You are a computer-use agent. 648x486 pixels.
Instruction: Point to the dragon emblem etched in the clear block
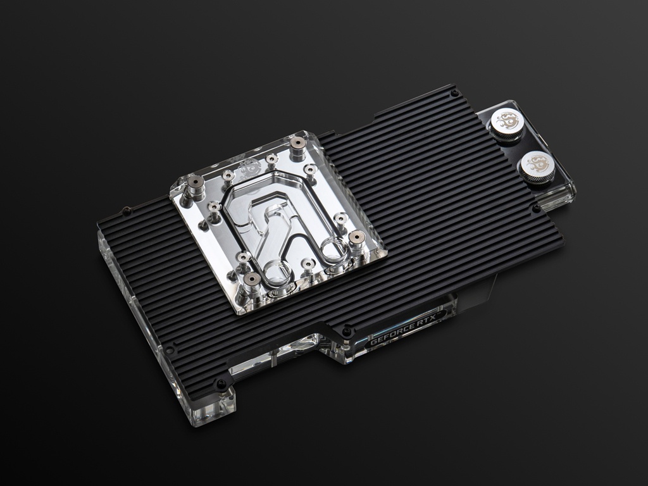(249, 167)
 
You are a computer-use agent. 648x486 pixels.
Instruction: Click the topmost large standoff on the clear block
(297, 147)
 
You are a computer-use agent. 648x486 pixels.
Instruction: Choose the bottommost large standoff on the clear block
(251, 282)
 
